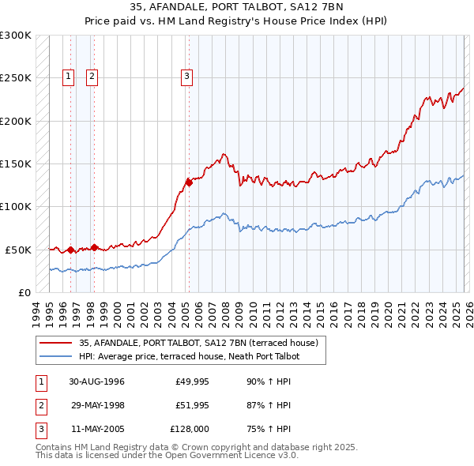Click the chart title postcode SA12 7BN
325,8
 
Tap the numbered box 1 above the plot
69,77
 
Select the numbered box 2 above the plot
92,77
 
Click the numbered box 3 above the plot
186,77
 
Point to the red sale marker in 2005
189,182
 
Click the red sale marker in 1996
70,250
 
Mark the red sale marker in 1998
94,247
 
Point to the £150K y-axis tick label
16,163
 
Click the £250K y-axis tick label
16,78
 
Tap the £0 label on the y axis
24,292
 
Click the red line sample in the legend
56,343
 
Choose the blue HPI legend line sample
56,356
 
